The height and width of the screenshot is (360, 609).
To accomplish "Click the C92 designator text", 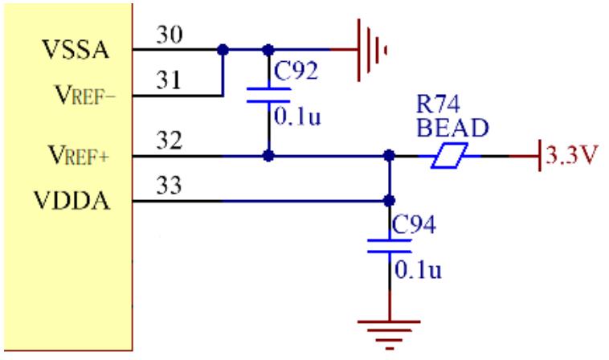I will coord(294,71).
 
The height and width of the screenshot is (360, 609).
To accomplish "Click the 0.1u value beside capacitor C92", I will coord(296,116).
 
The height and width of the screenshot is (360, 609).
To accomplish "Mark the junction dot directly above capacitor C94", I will coord(390,201).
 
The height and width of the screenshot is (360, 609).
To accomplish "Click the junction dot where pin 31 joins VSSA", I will coord(223,50).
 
